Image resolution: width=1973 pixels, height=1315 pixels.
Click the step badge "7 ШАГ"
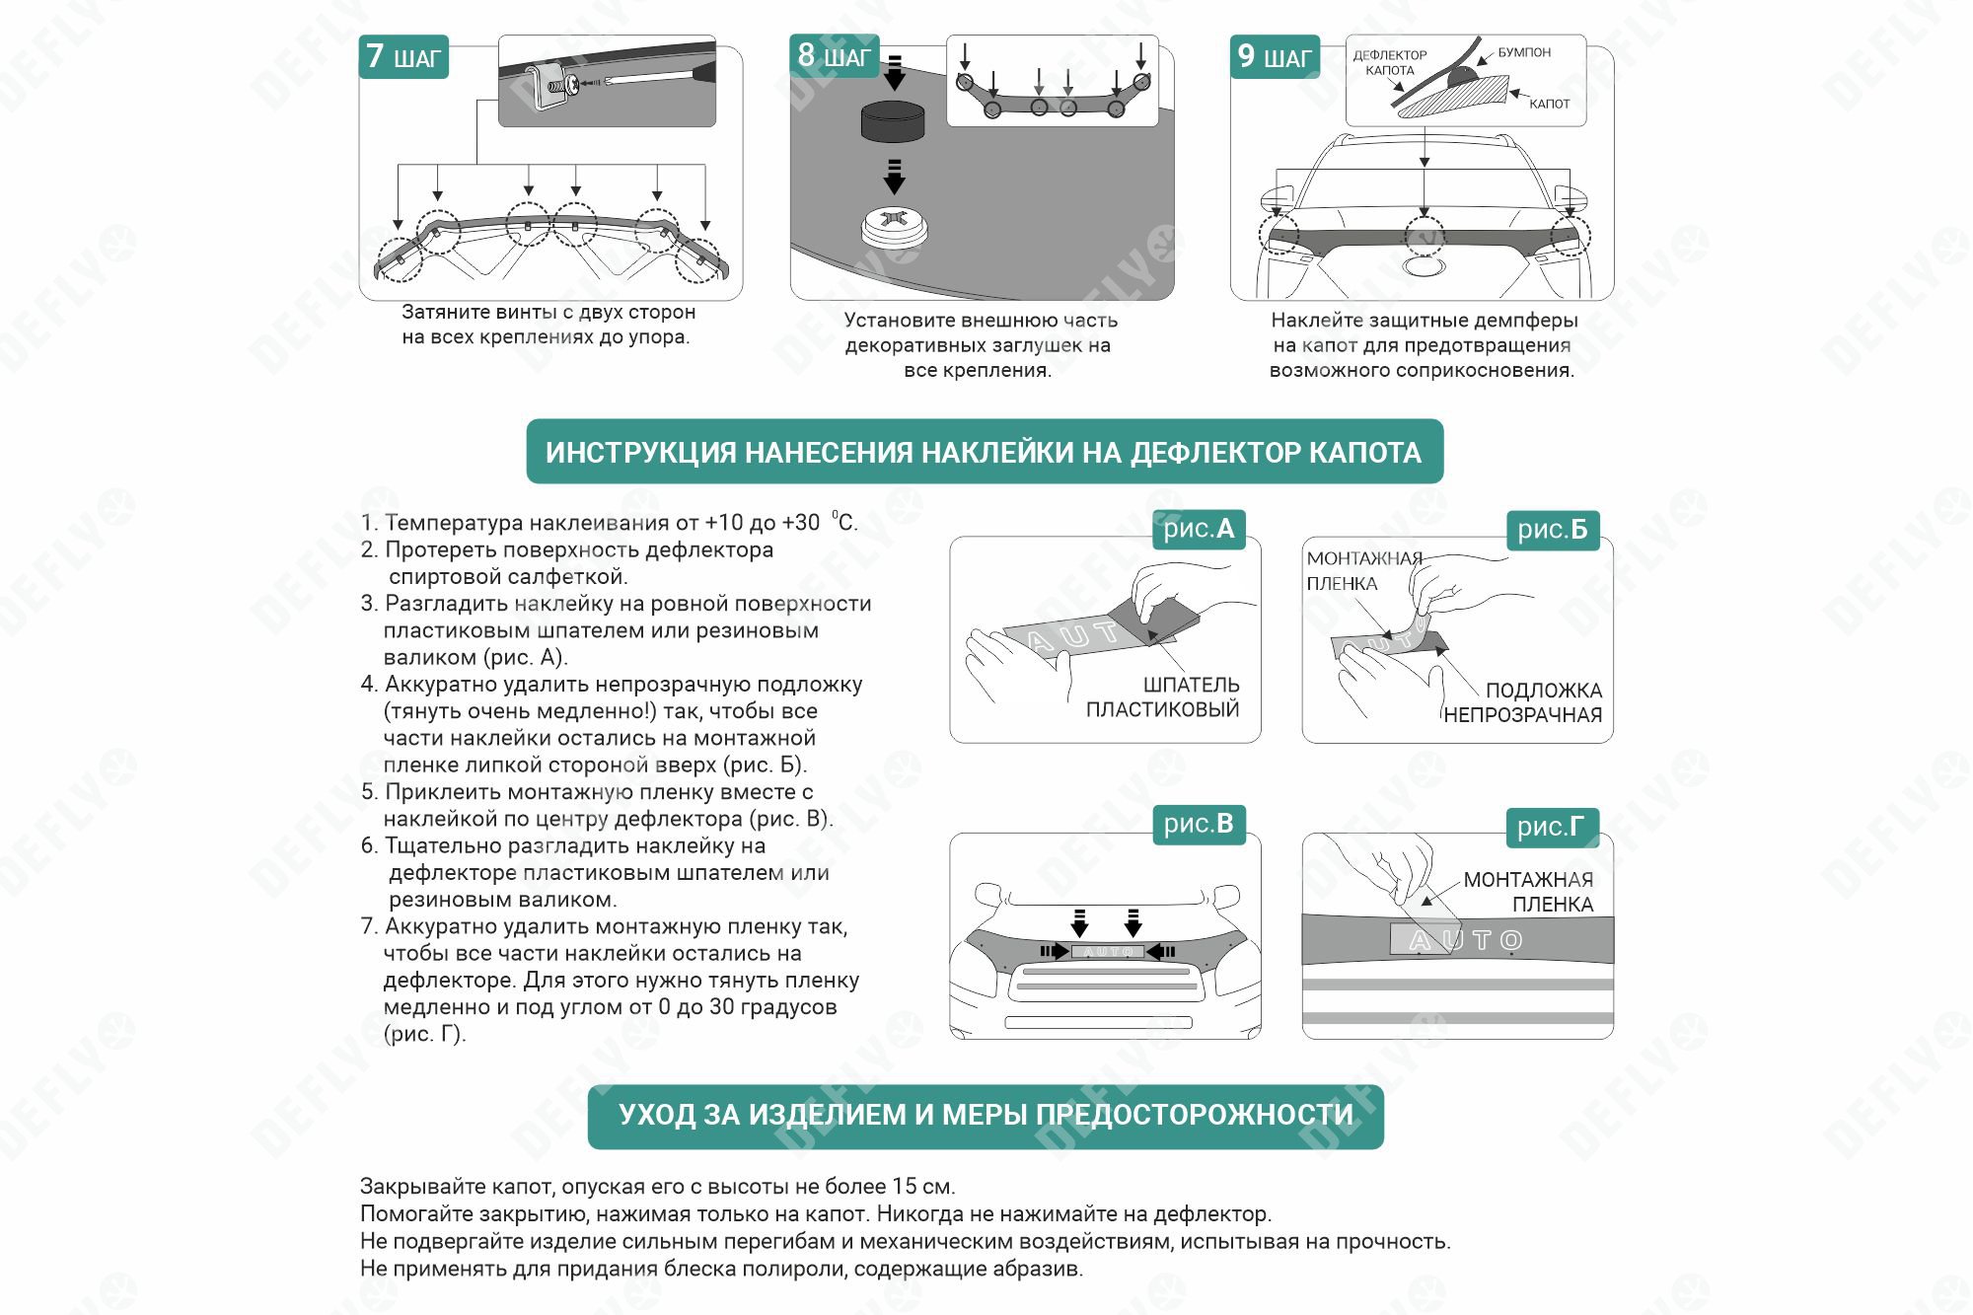[403, 57]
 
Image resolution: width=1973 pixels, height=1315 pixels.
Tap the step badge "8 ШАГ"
[834, 56]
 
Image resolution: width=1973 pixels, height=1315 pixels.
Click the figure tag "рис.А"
[1199, 529]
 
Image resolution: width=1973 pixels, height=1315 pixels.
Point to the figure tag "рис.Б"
[1552, 530]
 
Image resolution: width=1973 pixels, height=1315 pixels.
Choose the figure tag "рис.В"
[1199, 824]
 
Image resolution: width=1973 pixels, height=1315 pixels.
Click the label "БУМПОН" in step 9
[1524, 52]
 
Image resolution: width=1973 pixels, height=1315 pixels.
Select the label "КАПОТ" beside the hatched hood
[1549, 104]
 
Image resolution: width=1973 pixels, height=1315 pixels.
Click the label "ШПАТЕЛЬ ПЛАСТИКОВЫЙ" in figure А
[1163, 696]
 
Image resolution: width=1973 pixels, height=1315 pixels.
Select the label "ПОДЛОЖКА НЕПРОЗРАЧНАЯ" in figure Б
[1524, 702]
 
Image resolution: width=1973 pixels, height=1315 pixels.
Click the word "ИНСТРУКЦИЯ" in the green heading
[641, 453]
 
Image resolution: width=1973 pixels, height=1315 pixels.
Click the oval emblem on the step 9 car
[1424, 266]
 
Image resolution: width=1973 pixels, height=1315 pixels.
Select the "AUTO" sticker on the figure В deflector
[1107, 951]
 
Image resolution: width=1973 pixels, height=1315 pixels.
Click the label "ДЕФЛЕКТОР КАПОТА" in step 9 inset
[1389, 62]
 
